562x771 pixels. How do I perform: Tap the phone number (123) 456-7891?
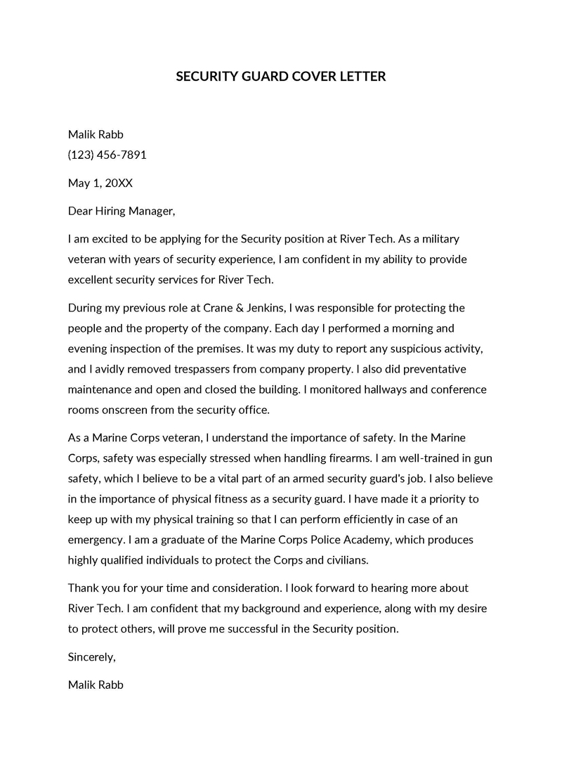tap(107, 155)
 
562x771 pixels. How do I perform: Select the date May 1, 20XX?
tap(100, 183)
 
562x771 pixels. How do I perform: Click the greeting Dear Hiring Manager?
tap(121, 211)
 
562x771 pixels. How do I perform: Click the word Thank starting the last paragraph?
tap(84, 588)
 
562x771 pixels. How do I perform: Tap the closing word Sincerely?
tap(91, 657)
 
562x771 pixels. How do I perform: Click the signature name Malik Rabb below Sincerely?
tap(96, 685)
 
